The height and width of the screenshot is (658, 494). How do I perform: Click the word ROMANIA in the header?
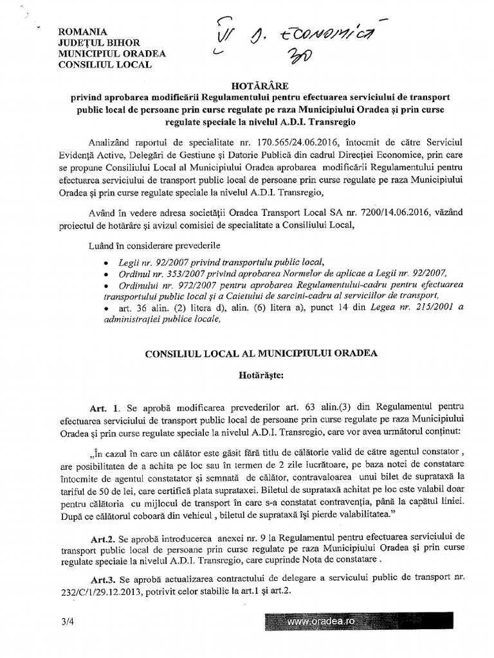82,31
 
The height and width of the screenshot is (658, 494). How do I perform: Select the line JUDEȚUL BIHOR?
94,42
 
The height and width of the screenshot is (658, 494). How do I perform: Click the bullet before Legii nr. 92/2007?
105,263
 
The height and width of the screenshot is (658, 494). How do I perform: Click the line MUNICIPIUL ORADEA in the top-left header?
102,53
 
